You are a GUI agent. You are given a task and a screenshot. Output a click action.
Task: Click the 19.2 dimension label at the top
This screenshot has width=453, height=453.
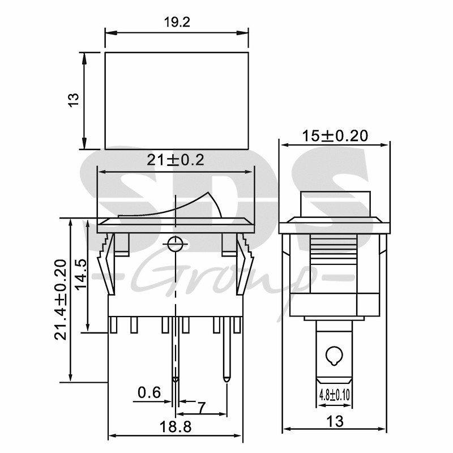click(177, 22)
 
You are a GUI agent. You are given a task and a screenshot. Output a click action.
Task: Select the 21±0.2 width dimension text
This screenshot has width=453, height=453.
click(176, 160)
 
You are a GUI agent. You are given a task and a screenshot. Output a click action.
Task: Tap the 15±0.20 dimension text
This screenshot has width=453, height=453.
click(335, 136)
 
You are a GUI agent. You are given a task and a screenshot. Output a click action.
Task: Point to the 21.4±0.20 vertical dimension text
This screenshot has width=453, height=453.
click(61, 300)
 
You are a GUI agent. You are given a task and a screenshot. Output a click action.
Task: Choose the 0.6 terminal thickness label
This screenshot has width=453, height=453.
click(149, 392)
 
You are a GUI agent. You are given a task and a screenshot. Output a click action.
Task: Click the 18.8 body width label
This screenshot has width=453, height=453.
click(176, 426)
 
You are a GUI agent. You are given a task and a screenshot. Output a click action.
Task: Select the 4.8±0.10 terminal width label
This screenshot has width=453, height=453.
click(334, 395)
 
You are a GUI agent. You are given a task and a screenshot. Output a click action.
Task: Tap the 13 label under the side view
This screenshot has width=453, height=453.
click(335, 421)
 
